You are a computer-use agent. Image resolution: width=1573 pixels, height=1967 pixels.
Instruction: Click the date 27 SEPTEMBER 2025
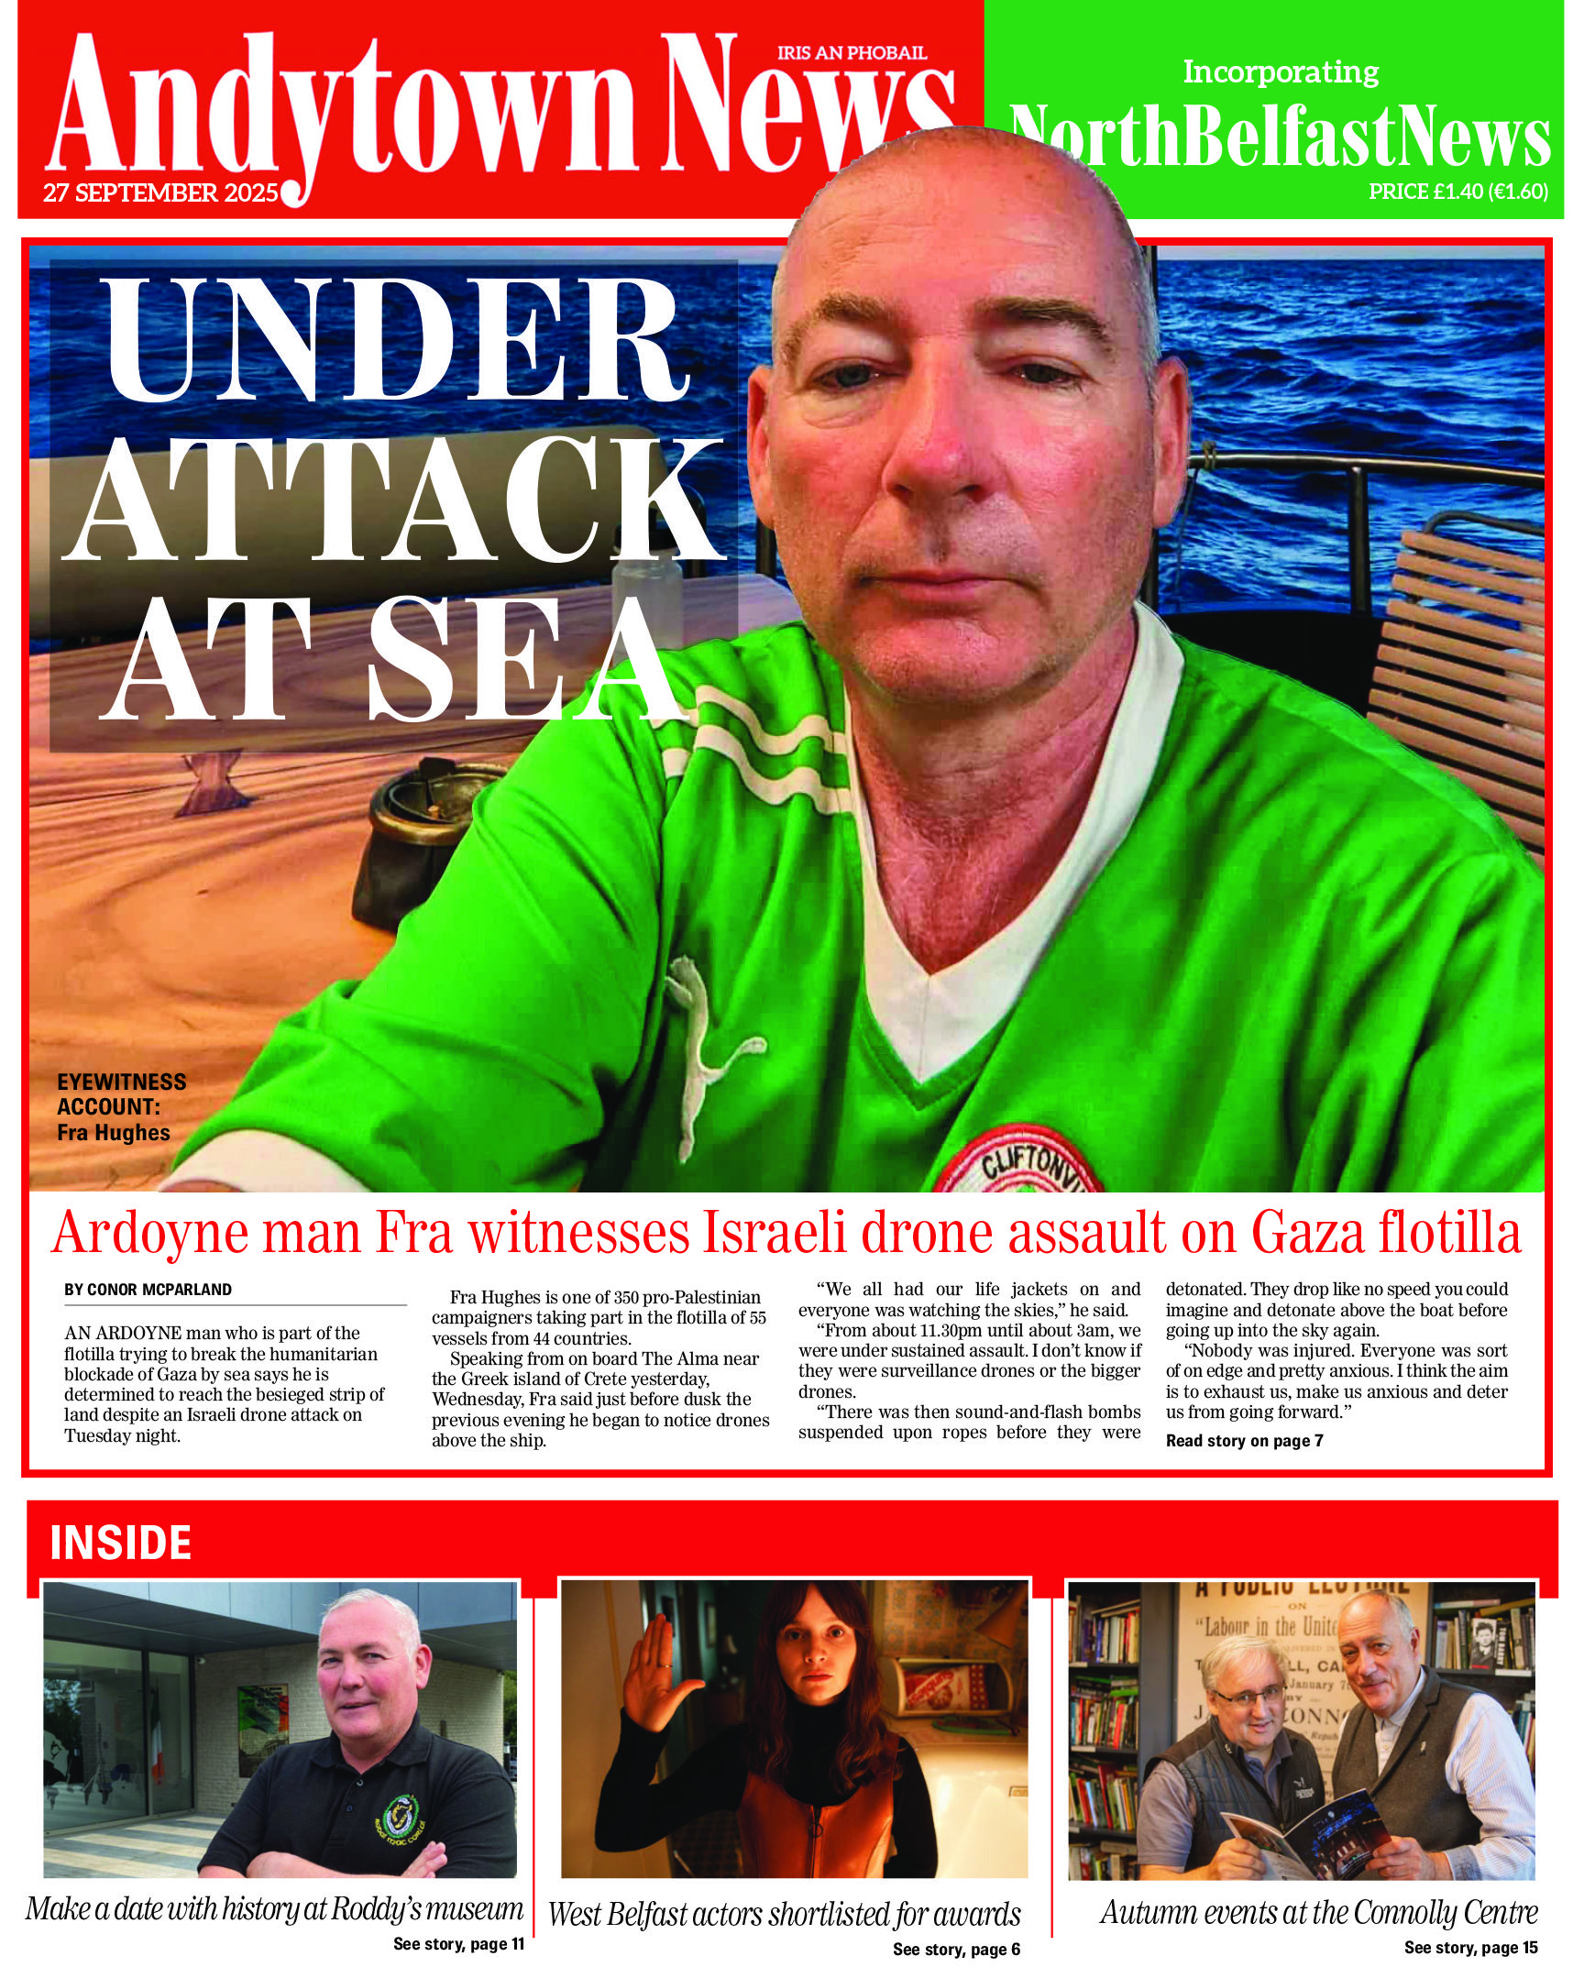pos(160,193)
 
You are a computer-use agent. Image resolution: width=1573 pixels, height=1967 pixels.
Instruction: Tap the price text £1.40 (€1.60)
pos(1457,192)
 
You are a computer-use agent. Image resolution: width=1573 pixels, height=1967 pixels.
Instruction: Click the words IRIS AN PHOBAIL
pos(852,53)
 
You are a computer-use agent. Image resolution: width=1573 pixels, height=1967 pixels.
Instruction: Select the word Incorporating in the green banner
pos(1281,71)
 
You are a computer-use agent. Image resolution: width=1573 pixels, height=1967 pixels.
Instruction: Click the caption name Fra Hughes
pos(114,1133)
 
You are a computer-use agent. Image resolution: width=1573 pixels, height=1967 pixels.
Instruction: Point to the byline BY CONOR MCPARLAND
pos(148,1290)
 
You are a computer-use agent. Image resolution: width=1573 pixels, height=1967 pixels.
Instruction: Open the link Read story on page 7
pos(1244,1440)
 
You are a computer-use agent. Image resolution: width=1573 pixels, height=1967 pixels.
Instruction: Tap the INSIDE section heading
pos(120,1542)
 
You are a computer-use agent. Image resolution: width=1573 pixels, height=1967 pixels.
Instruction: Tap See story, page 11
pos(458,1943)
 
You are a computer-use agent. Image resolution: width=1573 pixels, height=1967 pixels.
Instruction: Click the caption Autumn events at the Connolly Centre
pos(1318,1912)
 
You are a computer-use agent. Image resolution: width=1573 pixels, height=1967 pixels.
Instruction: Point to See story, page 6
pos(956,1949)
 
